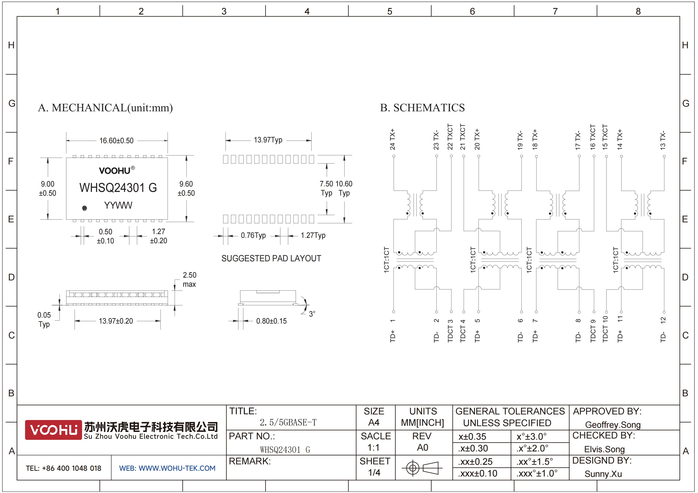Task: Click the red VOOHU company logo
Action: click(x=54, y=430)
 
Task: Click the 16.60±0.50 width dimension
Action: click(x=116, y=141)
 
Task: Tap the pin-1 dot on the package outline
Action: click(x=85, y=208)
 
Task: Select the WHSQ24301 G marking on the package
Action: click(x=118, y=188)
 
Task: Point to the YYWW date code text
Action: click(x=118, y=205)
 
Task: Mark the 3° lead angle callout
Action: click(x=312, y=314)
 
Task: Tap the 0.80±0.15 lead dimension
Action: click(x=271, y=321)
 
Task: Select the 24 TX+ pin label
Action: click(x=392, y=139)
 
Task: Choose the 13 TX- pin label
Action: click(x=663, y=140)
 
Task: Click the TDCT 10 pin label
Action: click(x=605, y=329)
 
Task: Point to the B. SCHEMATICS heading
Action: click(x=422, y=108)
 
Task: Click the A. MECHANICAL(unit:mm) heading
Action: click(x=105, y=108)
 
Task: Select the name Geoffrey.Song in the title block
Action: click(x=613, y=425)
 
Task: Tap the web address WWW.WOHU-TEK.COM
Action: click(x=177, y=468)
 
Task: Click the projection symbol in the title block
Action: click(x=421, y=468)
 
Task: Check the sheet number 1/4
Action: click(x=374, y=472)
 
